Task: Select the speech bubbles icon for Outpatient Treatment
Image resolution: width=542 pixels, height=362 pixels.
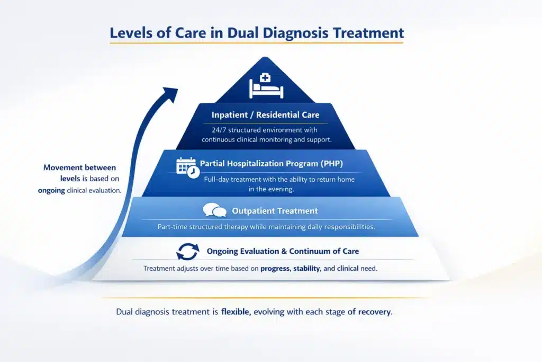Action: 214,211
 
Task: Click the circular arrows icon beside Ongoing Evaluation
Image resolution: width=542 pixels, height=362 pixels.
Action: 187,251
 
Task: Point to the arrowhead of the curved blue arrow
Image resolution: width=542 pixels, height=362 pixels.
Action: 170,94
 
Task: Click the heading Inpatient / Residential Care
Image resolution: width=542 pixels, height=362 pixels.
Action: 265,114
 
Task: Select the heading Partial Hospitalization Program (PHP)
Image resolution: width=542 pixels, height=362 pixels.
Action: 271,164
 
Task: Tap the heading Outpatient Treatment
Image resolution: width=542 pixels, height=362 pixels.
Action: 275,211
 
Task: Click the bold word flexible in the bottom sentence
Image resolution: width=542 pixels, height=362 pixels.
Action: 235,312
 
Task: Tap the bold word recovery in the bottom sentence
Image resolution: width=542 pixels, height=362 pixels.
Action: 374,312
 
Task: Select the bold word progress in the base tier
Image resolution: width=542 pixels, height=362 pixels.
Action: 275,269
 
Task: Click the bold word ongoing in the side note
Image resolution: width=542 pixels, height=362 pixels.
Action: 51,190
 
